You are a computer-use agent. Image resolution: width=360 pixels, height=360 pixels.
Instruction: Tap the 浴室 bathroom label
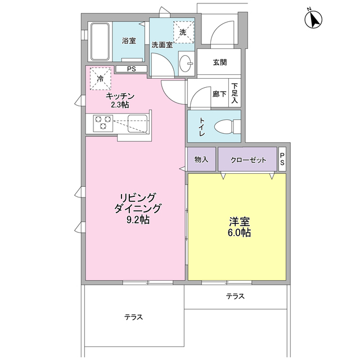pyautogui.click(x=129, y=40)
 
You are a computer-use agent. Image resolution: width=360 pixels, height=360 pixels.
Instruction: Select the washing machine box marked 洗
pyautogui.click(x=182, y=32)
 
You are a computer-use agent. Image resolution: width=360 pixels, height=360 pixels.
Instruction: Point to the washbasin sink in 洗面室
pyautogui.click(x=186, y=64)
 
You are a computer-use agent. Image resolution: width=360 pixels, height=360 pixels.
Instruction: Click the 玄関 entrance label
pyautogui.click(x=220, y=62)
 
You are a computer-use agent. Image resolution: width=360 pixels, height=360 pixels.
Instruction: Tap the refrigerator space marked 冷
pyautogui.click(x=101, y=79)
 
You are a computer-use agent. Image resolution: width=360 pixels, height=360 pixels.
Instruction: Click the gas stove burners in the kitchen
pyautogui.click(x=102, y=123)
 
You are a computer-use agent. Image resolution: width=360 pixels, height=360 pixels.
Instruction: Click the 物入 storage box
pyautogui.click(x=201, y=160)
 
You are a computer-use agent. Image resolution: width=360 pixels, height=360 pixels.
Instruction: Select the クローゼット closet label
pyautogui.click(x=247, y=160)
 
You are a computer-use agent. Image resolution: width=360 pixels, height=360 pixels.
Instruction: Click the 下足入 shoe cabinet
pyautogui.click(x=235, y=93)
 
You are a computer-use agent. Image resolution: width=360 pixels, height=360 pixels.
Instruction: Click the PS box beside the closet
pyautogui.click(x=282, y=160)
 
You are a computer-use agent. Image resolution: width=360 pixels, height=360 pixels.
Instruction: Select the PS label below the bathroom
pyautogui.click(x=131, y=69)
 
